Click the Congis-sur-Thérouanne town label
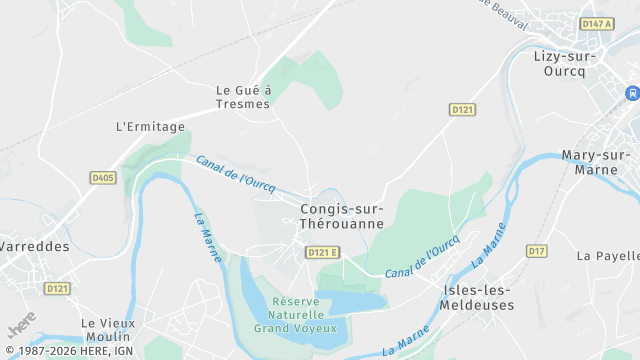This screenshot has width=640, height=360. pyautogui.click(x=341, y=216)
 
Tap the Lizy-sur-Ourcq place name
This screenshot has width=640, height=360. pyautogui.click(x=565, y=63)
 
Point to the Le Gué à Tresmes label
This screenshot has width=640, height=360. pyautogui.click(x=243, y=97)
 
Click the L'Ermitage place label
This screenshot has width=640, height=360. pyautogui.click(x=151, y=127)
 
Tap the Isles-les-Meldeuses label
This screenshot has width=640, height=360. pyautogui.click(x=477, y=297)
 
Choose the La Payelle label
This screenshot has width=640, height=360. pyautogui.click(x=607, y=256)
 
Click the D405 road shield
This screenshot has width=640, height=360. pyautogui.click(x=102, y=178)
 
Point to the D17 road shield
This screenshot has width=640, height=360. pyautogui.click(x=537, y=250)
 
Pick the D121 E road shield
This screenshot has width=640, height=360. pyautogui.click(x=322, y=252)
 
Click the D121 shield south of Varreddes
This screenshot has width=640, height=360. pyautogui.click(x=57, y=288)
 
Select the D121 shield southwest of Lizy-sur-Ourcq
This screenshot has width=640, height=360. pyautogui.click(x=461, y=109)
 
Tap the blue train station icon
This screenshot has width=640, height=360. pyautogui.click(x=632, y=93)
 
